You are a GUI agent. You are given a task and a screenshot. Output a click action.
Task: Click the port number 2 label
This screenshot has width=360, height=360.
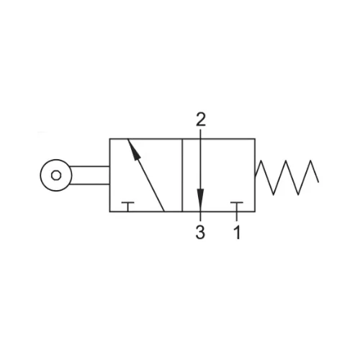[201, 120]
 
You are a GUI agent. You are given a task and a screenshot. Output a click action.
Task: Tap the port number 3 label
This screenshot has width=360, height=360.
[200, 233]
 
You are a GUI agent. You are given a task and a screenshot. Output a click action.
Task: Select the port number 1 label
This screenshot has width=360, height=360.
[237, 233]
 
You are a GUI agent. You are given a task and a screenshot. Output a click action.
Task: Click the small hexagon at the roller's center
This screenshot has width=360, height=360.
[56, 176]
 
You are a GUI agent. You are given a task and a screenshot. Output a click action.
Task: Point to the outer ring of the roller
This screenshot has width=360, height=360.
[56, 160]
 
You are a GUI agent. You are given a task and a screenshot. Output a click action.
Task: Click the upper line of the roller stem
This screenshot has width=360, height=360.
[89, 166]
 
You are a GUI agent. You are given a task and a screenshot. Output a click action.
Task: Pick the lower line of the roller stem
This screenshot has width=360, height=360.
[89, 184]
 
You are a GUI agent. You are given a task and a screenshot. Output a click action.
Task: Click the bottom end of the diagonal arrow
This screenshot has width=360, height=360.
[164, 212]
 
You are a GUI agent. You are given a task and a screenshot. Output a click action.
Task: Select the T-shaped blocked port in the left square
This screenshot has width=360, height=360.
[128, 207]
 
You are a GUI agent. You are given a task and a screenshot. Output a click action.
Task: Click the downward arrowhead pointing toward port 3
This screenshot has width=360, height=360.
[200, 197]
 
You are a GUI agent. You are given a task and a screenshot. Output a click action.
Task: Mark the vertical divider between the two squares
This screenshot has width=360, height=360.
[182, 175]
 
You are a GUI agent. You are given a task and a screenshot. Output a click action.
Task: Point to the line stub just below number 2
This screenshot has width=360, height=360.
[200, 134]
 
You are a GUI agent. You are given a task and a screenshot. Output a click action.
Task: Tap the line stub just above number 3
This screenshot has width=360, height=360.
[200, 216]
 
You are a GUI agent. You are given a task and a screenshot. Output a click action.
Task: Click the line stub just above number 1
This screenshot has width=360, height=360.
[237, 216]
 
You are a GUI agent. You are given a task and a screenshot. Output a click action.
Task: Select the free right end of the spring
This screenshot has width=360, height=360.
[318, 182]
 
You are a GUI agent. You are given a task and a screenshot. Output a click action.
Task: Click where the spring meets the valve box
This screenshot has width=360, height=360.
[255, 177]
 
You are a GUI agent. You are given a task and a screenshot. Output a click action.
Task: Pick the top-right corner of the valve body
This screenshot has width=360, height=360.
[255, 139]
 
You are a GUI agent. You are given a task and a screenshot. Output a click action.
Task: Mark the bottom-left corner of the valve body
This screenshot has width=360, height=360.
[109, 212]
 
